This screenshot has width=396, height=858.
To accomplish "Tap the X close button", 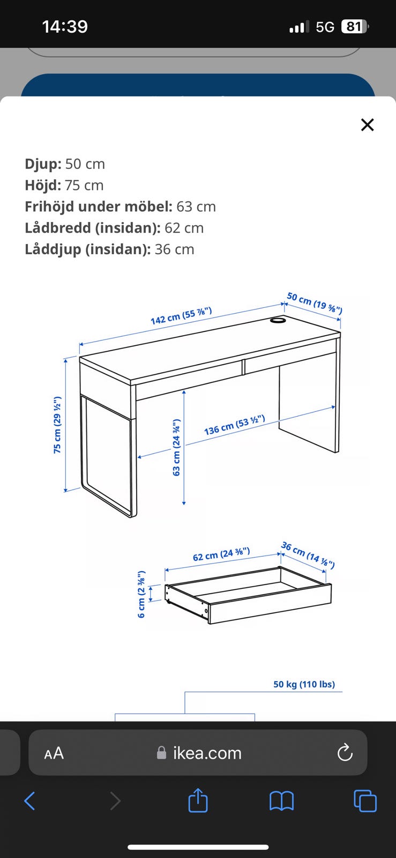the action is [x=367, y=124].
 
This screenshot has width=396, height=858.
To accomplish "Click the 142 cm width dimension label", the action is [x=181, y=316].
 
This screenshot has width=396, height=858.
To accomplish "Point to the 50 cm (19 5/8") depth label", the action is [x=315, y=302].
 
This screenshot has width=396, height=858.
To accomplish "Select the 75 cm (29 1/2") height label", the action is [x=57, y=425].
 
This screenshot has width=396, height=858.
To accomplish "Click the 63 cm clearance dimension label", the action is [x=176, y=447].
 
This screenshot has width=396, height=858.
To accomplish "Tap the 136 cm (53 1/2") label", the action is [x=235, y=425].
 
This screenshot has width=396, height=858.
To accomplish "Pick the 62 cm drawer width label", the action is [x=221, y=554].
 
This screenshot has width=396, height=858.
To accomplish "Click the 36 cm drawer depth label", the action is [x=308, y=555].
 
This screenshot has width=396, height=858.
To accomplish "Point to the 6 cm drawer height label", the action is [x=141, y=594].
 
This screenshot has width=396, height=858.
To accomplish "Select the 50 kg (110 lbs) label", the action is [x=304, y=684].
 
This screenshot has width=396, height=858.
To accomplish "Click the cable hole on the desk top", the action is [x=277, y=319].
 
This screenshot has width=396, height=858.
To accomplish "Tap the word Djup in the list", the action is [x=43, y=164].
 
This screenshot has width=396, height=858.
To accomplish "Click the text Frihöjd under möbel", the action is [x=99, y=206].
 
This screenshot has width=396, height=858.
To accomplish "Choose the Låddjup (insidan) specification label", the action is [x=88, y=249].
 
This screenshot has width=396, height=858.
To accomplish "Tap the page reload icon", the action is [x=345, y=752].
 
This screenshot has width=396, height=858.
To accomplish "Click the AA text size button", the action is [x=54, y=753].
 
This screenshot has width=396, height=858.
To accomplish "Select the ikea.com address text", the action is [x=207, y=753].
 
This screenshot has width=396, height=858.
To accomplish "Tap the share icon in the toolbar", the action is [x=198, y=800].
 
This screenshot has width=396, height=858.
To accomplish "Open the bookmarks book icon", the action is [x=282, y=801].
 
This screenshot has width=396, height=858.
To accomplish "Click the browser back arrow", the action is [x=30, y=801].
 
